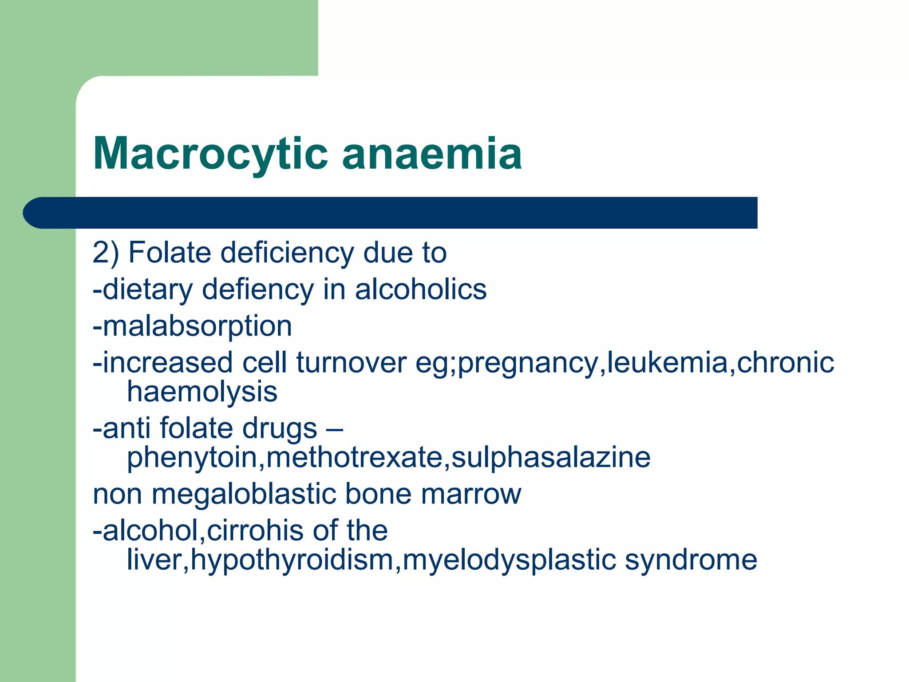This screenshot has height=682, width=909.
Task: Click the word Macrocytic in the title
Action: (210, 154)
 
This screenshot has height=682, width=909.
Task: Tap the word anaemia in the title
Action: (431, 154)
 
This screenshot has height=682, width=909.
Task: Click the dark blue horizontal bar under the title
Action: (391, 213)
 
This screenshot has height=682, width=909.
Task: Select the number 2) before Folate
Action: (106, 253)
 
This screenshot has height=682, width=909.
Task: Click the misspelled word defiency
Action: (258, 289)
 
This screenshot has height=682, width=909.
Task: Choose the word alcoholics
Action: (421, 289)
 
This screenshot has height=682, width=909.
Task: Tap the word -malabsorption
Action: (192, 326)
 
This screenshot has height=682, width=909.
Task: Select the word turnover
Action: (351, 363)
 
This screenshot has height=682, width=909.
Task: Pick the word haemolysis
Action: (202, 392)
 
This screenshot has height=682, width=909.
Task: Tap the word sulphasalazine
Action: (551, 457)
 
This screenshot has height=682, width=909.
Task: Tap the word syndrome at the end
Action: (691, 559)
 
